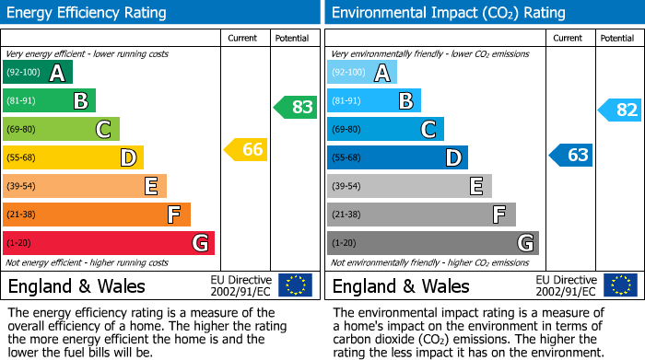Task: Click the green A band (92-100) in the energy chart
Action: pyautogui.click(x=38, y=73)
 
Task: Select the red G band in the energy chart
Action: pyautogui.click(x=109, y=243)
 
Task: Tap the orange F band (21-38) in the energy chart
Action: pyautogui.click(x=97, y=215)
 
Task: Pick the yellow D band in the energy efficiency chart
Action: pyautogui.click(x=74, y=157)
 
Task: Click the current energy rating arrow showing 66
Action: pyautogui.click(x=247, y=149)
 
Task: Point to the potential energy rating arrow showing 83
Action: pyautogui.click(x=297, y=107)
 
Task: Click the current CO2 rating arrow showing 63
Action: pyautogui.click(x=571, y=155)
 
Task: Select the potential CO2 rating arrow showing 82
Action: pyautogui.click(x=621, y=110)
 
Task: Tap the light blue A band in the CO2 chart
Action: pyautogui.click(x=362, y=73)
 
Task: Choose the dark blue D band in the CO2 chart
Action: pyautogui.click(x=398, y=157)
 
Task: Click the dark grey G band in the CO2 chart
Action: pyautogui.click(x=433, y=243)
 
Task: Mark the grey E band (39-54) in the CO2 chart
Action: pyautogui.click(x=410, y=186)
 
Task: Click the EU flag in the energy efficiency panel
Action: pyautogui.click(x=295, y=285)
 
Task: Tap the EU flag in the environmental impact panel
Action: pyautogui.click(x=620, y=285)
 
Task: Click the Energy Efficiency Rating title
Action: pyautogui.click(x=88, y=13)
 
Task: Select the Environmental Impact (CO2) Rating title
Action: pyautogui.click(x=448, y=13)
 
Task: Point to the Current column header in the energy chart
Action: pyautogui.click(x=243, y=38)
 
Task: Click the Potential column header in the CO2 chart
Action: pyautogui.click(x=617, y=38)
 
